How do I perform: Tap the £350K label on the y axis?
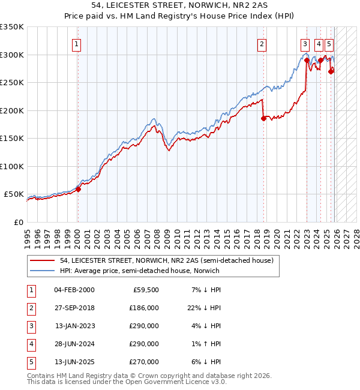[12, 27]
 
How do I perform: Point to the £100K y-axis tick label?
[12, 166]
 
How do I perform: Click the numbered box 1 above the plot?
[77, 43]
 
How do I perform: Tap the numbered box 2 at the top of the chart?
[262, 43]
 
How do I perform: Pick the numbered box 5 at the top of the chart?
[330, 43]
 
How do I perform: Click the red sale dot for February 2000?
[78, 189]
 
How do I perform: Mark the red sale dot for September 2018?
[263, 118]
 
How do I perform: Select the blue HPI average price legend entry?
[139, 271]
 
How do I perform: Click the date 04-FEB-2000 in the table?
[74, 290]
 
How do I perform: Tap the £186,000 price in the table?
[144, 308]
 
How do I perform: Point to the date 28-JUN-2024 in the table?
[74, 344]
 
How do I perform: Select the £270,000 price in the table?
[144, 362]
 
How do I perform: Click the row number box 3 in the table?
[31, 326]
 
